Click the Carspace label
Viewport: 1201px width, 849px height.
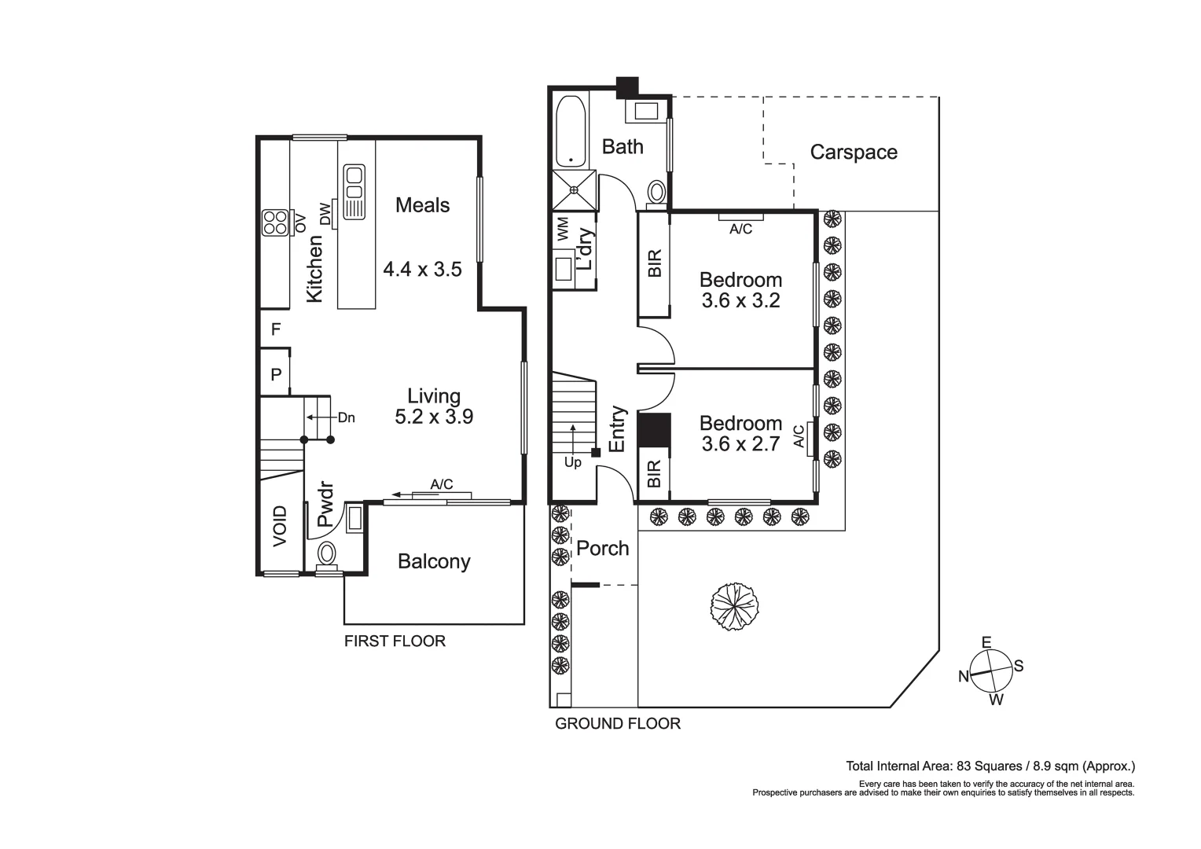(853, 152)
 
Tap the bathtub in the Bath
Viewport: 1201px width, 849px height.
(571, 131)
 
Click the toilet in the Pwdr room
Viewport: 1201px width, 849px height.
(326, 553)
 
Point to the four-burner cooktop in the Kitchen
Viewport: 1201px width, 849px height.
(274, 222)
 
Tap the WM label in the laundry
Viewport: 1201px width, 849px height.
(563, 230)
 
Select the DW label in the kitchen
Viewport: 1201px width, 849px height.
(325, 213)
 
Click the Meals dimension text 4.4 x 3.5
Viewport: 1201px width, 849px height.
(422, 270)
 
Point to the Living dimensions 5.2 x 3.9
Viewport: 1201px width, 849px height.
(434, 417)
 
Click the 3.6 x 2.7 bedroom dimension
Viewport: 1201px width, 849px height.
(740, 444)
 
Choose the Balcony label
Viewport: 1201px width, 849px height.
(434, 561)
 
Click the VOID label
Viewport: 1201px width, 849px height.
(281, 526)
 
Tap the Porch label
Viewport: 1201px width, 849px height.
(603, 548)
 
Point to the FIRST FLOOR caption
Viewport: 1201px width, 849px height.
(395, 641)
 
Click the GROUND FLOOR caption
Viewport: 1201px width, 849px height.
(618, 723)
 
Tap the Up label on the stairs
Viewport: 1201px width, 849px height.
(573, 462)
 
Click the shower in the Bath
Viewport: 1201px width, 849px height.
(575, 189)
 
